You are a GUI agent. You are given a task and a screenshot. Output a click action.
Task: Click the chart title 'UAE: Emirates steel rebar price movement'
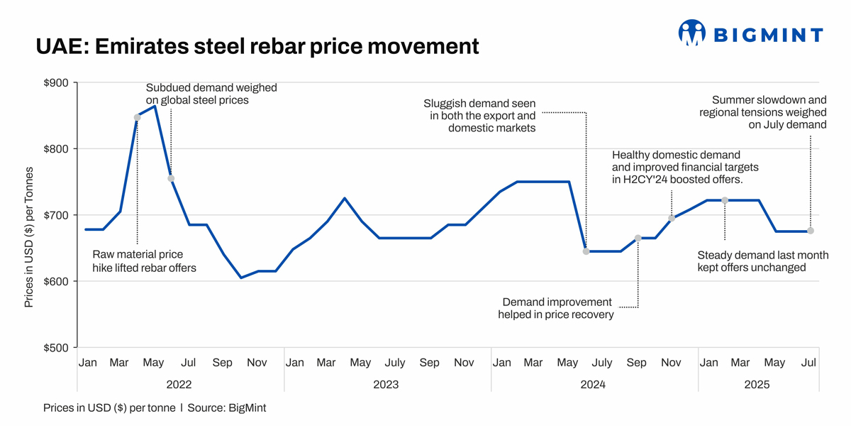point(257,46)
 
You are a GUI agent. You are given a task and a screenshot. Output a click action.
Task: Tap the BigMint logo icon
point(691,33)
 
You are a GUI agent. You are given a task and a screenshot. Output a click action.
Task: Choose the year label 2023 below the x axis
point(386,385)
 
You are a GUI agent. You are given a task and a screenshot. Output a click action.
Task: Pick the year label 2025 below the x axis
point(757,385)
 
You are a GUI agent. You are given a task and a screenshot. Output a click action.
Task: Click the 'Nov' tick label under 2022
point(257,363)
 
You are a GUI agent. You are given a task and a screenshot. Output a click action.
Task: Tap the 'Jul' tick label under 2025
point(808,363)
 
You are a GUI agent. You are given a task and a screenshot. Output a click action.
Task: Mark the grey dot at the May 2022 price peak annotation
point(138,117)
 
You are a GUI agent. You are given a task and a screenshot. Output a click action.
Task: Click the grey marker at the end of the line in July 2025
point(811,231)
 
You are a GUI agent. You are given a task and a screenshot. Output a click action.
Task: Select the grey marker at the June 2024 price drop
point(586,251)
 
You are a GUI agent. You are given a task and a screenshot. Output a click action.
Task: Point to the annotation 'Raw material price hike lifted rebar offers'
point(144,261)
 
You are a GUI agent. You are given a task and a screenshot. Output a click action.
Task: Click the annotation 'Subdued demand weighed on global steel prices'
point(211,94)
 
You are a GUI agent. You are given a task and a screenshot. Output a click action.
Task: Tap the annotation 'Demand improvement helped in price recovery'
point(556,308)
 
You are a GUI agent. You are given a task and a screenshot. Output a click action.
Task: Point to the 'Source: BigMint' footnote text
point(227,408)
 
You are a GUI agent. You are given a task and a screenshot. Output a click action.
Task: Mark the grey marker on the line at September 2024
point(638,239)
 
